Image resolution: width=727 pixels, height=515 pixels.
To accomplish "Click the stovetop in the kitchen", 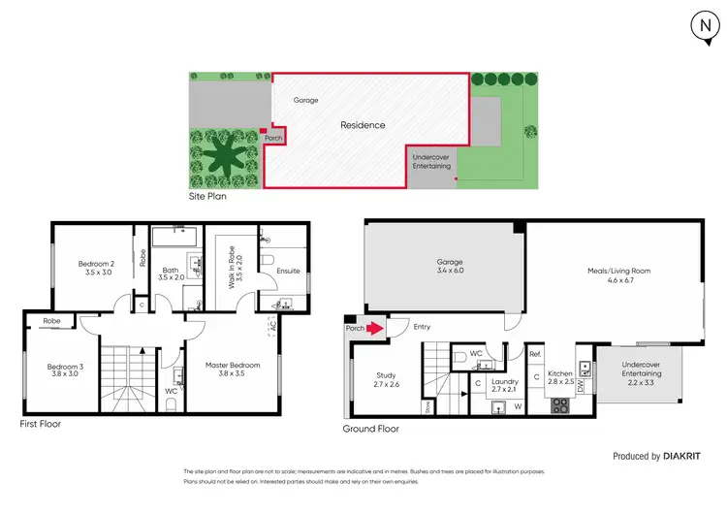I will (561, 405).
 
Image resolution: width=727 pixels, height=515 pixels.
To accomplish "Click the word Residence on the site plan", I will (362, 125).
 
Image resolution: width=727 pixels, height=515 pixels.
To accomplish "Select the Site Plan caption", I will (208, 196).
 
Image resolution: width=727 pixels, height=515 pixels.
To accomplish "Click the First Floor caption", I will (44, 425).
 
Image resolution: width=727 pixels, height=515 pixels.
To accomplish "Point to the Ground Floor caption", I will (371, 428).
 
